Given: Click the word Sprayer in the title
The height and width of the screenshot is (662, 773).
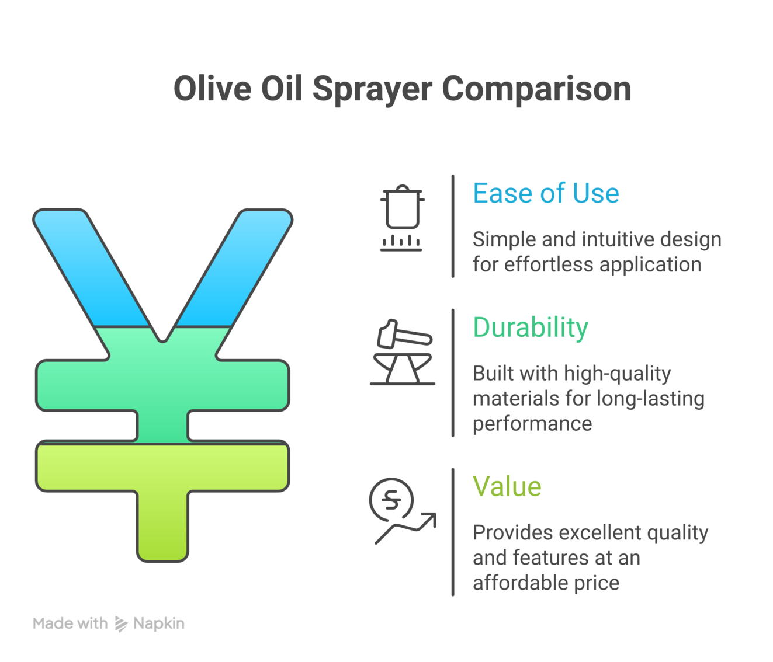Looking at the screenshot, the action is tap(372, 90).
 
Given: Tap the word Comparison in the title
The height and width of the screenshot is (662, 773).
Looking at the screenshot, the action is tap(536, 90).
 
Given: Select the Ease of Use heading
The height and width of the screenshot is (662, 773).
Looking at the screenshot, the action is tap(546, 193).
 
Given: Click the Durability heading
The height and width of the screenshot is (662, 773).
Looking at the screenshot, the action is tap(531, 327).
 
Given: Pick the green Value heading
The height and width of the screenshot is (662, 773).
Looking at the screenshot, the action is tap(507, 486).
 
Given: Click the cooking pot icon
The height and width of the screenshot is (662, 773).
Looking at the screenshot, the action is tap(402, 217).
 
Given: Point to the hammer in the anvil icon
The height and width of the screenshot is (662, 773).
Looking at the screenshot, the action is tap(404, 334).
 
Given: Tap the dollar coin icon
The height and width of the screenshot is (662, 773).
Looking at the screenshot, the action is tap(391, 500).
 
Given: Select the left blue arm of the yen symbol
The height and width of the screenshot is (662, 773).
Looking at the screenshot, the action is tap(92, 268).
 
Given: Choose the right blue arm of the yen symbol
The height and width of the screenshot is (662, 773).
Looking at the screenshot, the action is tap(234, 268).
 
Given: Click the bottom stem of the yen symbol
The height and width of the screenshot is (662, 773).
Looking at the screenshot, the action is tap(162, 526).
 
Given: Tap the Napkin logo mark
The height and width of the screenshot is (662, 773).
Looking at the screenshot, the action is tap(121, 624).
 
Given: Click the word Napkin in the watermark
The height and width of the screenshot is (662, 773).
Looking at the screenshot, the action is tap(159, 624).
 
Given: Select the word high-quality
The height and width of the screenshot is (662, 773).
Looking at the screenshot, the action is tap(617, 374).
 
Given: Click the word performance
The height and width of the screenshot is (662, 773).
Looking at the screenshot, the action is tap(532, 424).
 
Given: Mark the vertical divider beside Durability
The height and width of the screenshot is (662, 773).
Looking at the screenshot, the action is tap(453, 373).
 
